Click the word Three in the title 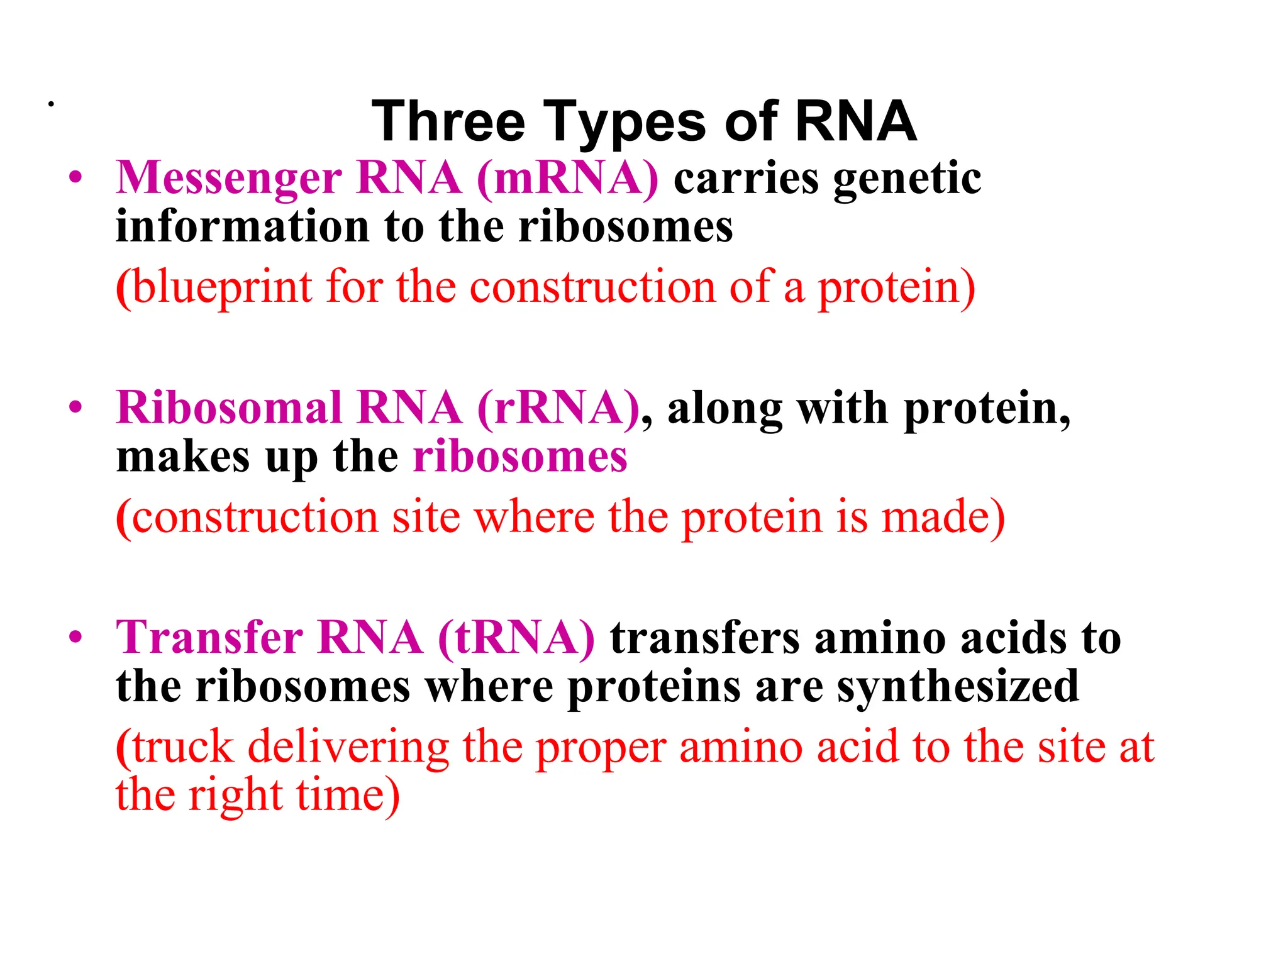click(x=448, y=121)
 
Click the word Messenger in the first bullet click(x=229, y=179)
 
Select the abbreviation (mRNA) click(x=568, y=178)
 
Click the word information click(x=242, y=226)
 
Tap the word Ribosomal click(x=229, y=408)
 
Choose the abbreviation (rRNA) click(x=558, y=409)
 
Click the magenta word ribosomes click(x=520, y=457)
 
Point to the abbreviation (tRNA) click(x=516, y=638)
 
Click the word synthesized click(x=958, y=687)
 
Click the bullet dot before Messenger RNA click(x=76, y=178)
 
